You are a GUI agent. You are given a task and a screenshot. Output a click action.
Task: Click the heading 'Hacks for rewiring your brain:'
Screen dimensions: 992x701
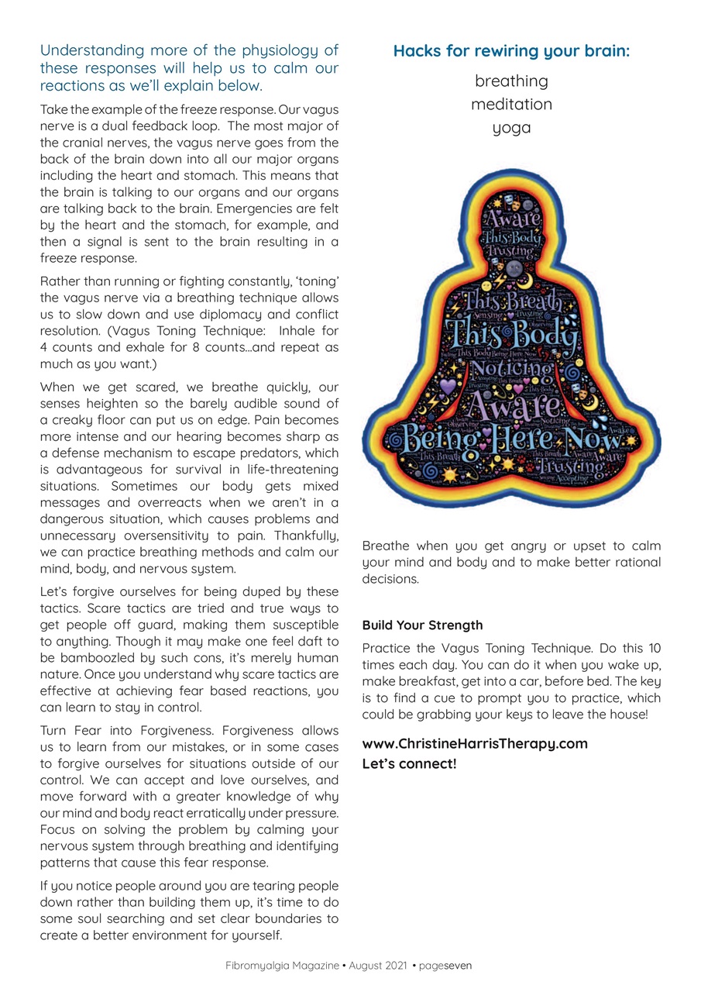point(511,52)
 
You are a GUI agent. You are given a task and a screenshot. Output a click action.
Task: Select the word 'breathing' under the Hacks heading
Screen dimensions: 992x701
point(511,81)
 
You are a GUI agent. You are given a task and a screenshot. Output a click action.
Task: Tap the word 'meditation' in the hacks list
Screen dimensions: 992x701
point(511,105)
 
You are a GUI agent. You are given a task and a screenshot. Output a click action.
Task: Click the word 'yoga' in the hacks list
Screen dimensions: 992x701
point(511,128)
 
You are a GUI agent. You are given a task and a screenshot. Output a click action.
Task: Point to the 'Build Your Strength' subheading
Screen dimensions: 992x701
point(422,625)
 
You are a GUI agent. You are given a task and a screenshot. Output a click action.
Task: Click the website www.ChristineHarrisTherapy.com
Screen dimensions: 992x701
point(475,744)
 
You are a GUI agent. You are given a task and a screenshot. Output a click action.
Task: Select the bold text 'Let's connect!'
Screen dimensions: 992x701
point(409,764)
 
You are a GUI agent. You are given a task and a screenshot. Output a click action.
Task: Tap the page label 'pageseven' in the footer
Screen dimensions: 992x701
point(446,966)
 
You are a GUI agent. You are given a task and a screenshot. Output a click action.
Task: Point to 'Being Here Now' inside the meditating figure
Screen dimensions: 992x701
point(511,441)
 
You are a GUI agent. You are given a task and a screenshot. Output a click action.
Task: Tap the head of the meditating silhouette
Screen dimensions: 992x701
point(512,225)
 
